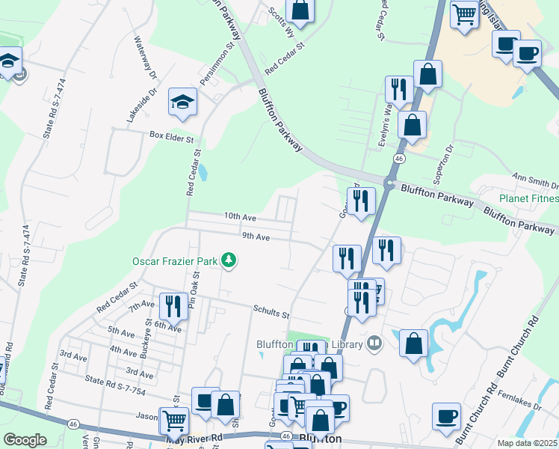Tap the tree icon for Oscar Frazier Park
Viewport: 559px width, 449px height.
tap(229, 260)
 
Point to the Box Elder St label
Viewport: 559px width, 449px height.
tap(171, 138)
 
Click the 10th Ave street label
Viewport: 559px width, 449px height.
tap(240, 217)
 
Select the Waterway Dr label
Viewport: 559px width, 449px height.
tap(146, 58)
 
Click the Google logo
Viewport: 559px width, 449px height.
tap(25, 440)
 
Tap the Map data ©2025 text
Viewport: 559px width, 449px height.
tap(527, 443)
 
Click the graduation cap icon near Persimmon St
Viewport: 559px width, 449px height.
tap(182, 103)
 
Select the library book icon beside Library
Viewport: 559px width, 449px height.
tap(374, 343)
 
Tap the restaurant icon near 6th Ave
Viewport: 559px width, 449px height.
tap(173, 306)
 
